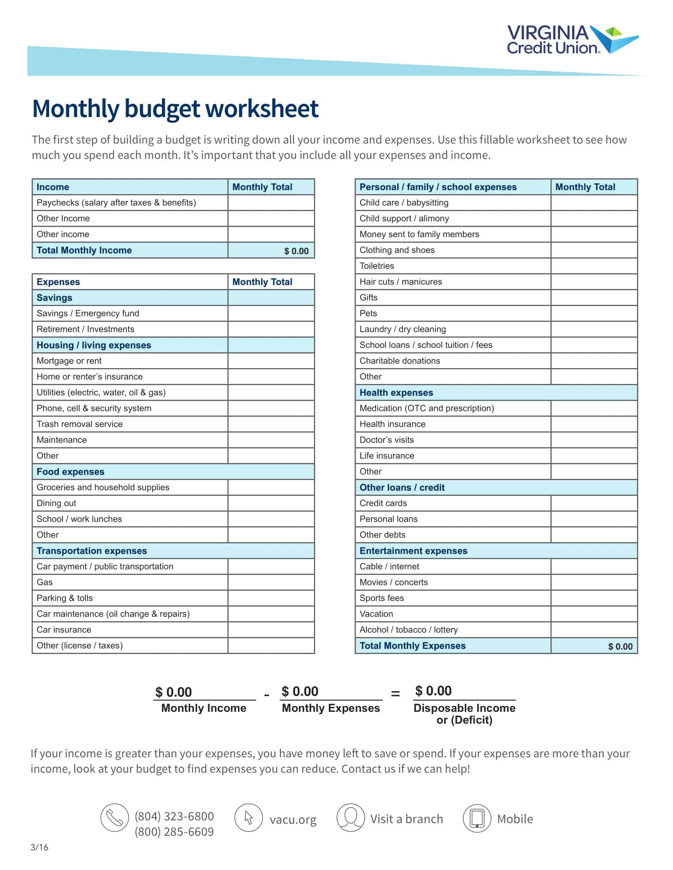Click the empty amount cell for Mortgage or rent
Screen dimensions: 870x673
[x=271, y=361]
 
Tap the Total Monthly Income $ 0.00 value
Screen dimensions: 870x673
[x=296, y=251]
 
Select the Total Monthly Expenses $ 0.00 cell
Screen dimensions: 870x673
[x=620, y=647]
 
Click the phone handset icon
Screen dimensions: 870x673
[x=114, y=818]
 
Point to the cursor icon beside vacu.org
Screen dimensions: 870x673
[x=248, y=818]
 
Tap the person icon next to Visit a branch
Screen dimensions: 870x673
[x=350, y=818]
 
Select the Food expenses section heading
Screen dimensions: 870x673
[x=70, y=472]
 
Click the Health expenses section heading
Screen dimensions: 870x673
[x=396, y=392]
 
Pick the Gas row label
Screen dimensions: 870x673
[x=45, y=583]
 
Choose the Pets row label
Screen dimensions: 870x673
[x=368, y=314]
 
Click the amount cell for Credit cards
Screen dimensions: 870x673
[x=594, y=503]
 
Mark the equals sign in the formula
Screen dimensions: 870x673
[x=395, y=694]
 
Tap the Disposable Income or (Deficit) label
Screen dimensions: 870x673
[x=464, y=714]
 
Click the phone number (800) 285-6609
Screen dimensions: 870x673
[x=174, y=832]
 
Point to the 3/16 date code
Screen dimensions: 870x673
[x=39, y=847]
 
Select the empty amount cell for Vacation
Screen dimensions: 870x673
[x=594, y=614]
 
